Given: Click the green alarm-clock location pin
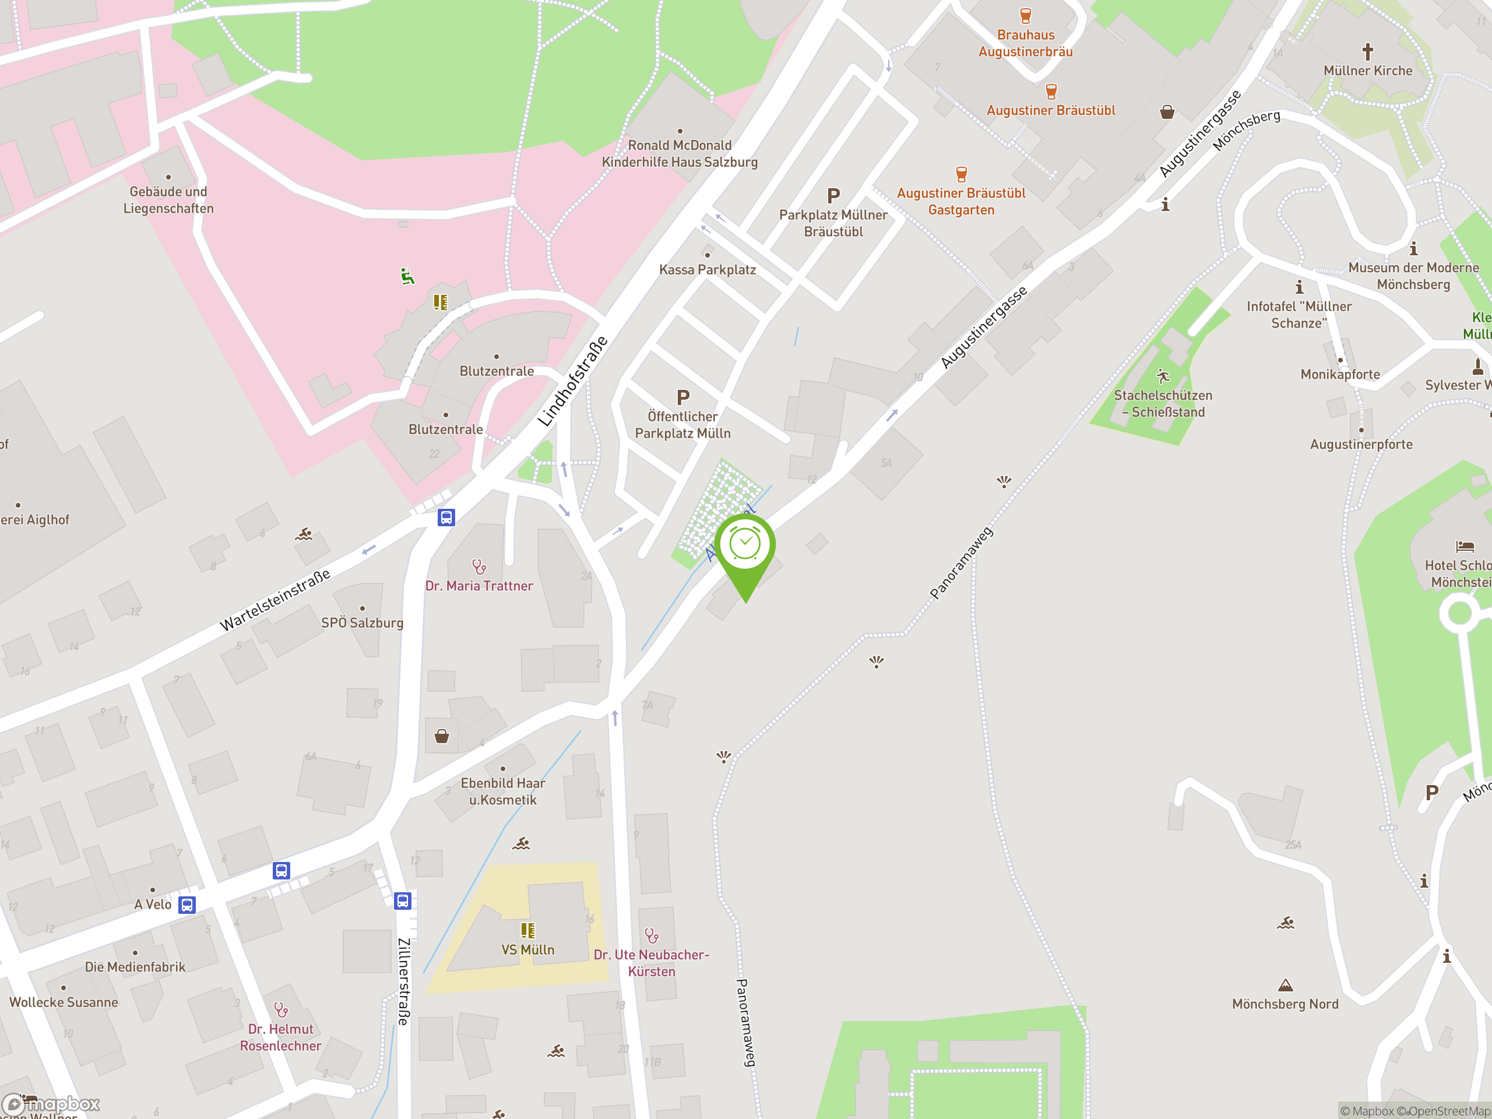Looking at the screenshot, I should [x=745, y=550].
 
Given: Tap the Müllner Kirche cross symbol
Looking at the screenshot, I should [x=1367, y=51].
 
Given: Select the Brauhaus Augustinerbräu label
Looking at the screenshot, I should [x=1025, y=43].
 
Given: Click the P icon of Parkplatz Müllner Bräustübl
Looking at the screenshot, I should [x=833, y=196].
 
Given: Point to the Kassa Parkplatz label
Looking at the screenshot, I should [x=707, y=270].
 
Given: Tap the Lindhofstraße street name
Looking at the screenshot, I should [x=573, y=382].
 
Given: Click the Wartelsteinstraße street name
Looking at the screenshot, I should [x=275, y=600].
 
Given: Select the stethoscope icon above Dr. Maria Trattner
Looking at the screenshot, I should [x=479, y=566].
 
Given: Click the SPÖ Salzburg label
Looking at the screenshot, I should [x=362, y=622].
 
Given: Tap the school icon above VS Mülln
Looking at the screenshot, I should [x=527, y=931].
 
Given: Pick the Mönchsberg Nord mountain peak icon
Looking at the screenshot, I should [x=1286, y=986].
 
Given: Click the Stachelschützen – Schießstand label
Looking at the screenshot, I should [x=1163, y=403].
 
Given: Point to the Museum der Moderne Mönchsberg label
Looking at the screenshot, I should [x=1413, y=276].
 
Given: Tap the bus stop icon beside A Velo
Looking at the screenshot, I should [x=188, y=905].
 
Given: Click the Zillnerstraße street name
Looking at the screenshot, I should [x=403, y=981].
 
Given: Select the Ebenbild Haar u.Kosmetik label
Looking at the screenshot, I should [x=502, y=791].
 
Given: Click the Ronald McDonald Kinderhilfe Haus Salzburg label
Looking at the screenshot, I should [x=679, y=154].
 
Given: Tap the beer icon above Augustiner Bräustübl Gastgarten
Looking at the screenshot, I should [x=961, y=174].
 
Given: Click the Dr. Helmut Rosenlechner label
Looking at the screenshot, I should [x=280, y=1037].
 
